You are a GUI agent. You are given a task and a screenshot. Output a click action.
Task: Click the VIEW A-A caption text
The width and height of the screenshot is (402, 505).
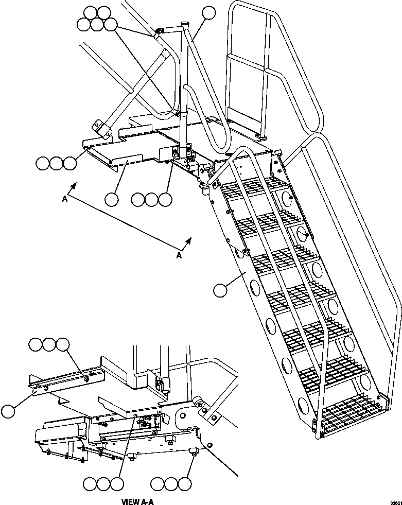pos(137,501)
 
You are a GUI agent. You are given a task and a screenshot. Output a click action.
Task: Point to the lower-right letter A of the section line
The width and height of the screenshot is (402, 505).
pos(179,255)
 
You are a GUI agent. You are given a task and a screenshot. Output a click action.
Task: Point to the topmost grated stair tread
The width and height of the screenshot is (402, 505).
pos(252,186)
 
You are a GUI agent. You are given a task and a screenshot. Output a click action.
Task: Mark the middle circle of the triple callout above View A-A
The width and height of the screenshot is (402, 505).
pos(49,344)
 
